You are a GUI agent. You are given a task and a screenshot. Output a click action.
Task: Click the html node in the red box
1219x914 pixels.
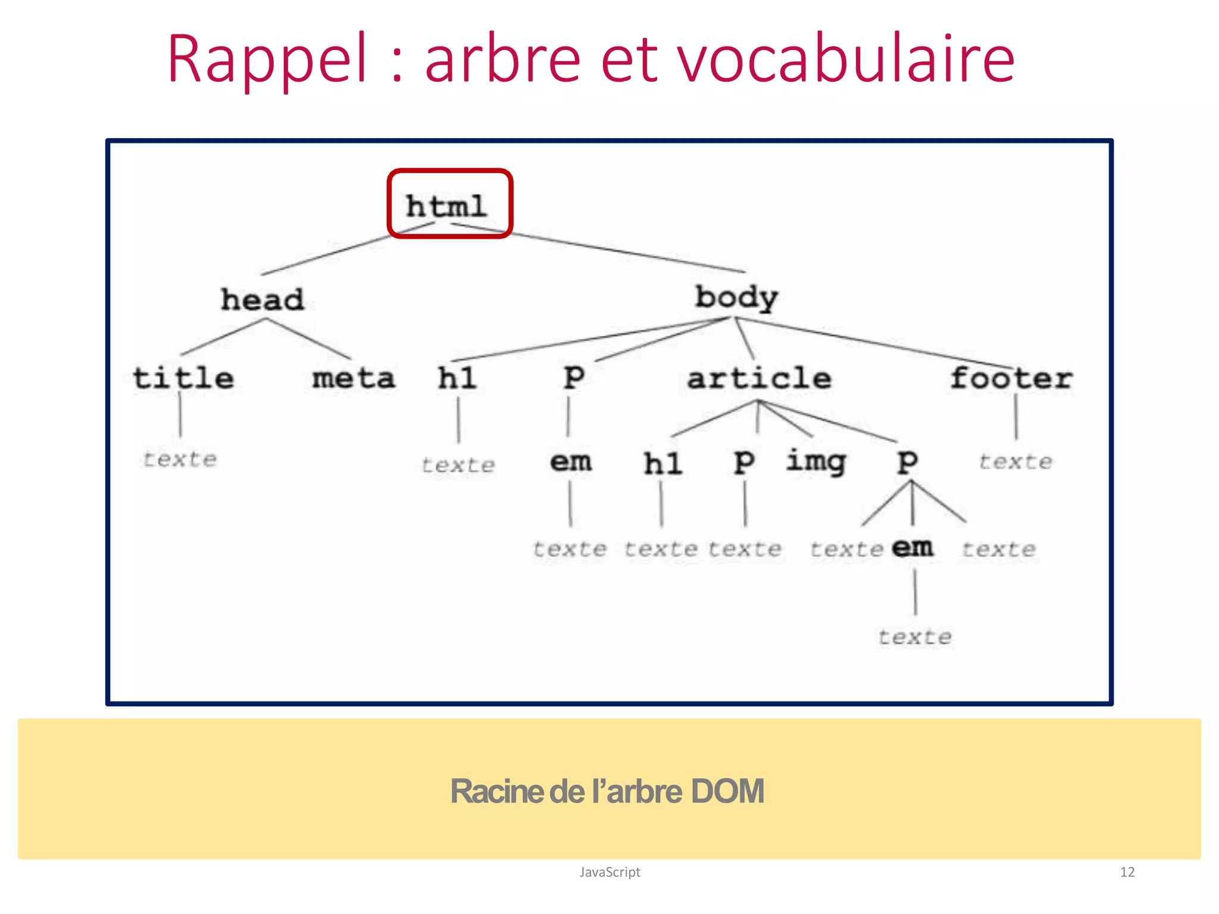[x=446, y=206]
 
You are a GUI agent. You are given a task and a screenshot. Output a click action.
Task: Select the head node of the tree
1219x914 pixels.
[x=262, y=299]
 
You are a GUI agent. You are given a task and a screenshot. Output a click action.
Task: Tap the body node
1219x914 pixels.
[x=736, y=298]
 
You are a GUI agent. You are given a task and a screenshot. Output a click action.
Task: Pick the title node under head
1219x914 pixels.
[x=183, y=378]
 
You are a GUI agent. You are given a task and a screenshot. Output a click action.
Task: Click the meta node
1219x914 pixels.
[x=354, y=378]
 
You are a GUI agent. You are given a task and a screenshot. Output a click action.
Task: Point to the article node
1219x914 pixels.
[x=759, y=378]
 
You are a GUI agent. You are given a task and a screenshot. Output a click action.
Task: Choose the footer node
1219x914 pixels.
[x=1011, y=378]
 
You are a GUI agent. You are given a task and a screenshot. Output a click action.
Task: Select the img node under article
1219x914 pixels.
[x=816, y=462]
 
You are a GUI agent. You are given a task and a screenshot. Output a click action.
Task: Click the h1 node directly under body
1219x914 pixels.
[x=457, y=378]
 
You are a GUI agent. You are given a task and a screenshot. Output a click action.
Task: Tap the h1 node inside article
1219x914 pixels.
[x=662, y=464]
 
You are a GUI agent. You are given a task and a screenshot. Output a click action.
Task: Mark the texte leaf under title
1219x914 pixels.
[x=180, y=459]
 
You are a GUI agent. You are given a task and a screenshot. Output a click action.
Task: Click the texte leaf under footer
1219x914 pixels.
[x=1015, y=462]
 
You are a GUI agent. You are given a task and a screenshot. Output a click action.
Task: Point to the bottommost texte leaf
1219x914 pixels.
[x=915, y=637]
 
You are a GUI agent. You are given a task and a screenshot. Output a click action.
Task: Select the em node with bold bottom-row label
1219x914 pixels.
[x=912, y=547]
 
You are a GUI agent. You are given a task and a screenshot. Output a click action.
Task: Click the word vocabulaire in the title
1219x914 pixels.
[x=845, y=60]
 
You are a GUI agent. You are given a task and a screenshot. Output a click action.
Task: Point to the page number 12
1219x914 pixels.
[x=1127, y=872]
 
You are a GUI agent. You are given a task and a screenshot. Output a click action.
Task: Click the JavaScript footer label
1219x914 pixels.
[x=609, y=872]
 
